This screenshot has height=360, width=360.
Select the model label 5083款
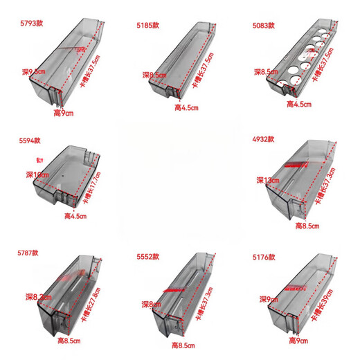click(263, 25)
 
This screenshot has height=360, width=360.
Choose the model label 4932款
click(263, 139)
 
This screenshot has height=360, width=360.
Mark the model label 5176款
click(263, 255)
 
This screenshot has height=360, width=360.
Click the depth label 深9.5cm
click(34, 71)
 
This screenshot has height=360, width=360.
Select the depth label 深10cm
click(37, 174)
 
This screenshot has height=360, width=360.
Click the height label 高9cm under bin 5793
click(64, 112)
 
